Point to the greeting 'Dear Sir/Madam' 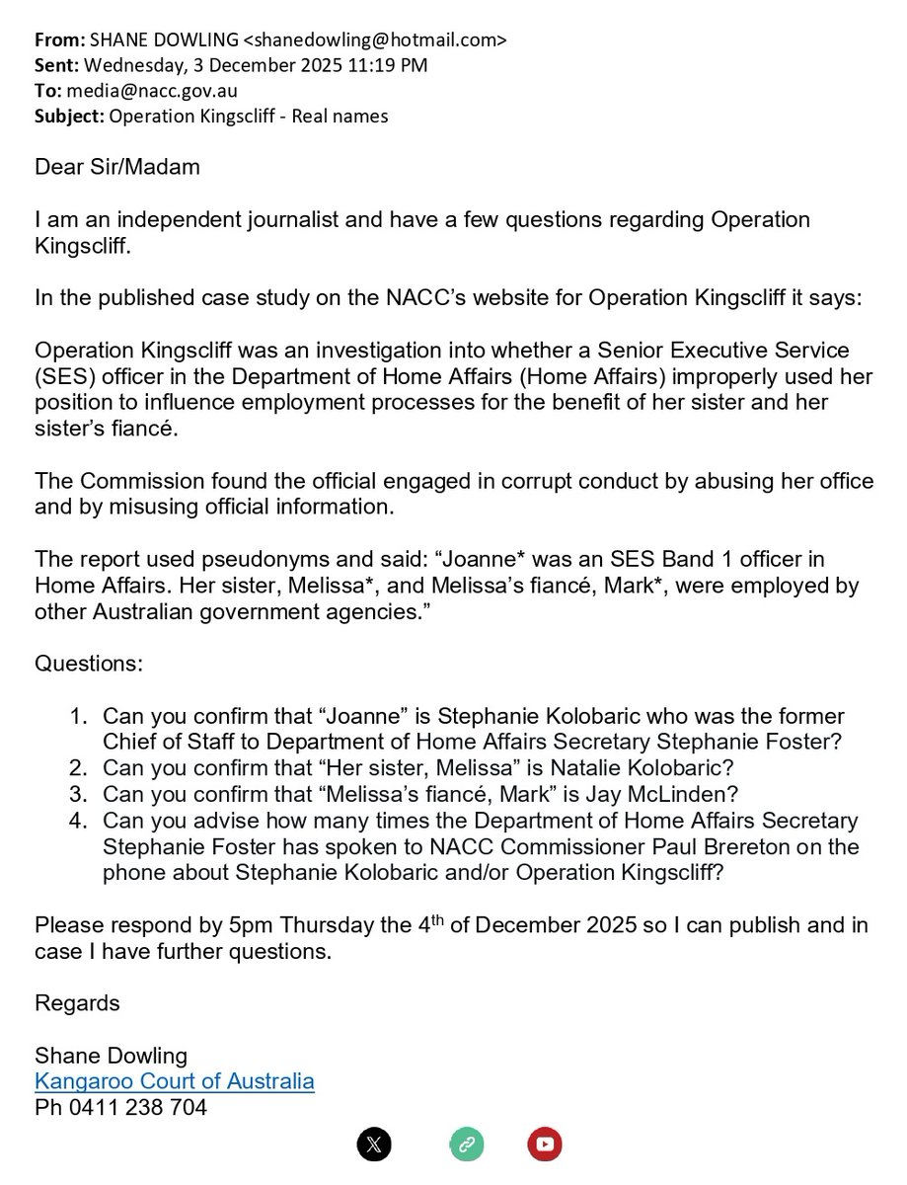pos(117,166)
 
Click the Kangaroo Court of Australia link pos(175,1080)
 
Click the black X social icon pos(374,1145)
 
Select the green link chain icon pos(465,1145)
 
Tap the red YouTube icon pos(545,1145)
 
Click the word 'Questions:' pos(90,664)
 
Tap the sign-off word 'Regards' pos(77,1003)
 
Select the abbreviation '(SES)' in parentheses pos(64,377)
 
